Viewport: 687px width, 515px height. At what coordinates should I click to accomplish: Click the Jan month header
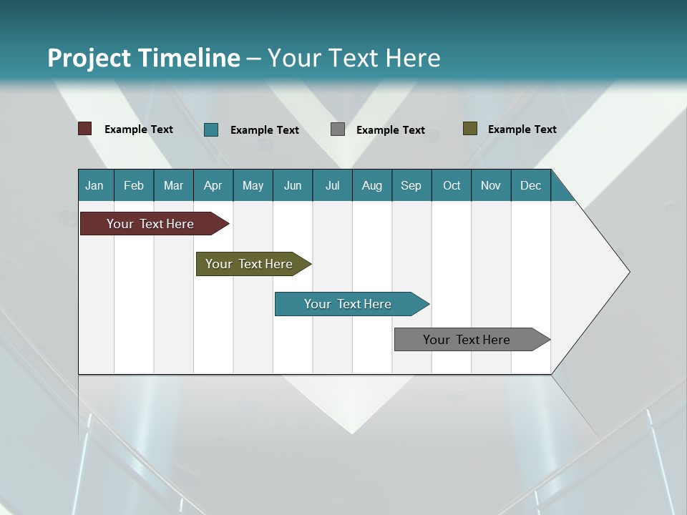[94, 185]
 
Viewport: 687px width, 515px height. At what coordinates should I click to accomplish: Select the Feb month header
[134, 185]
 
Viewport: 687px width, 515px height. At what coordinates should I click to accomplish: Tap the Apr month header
[213, 185]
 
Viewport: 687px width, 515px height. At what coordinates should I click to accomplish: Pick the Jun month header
[293, 185]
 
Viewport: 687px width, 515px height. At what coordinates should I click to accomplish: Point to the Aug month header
[371, 185]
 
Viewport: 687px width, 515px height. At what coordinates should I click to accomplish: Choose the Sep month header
[411, 185]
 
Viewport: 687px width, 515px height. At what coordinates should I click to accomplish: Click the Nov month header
[490, 185]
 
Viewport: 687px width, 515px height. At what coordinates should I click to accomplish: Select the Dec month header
[530, 185]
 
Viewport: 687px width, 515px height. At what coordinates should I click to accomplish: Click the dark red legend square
[85, 129]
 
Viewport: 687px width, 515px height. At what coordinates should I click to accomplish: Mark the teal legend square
[211, 129]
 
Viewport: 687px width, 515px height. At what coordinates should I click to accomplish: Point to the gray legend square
[338, 129]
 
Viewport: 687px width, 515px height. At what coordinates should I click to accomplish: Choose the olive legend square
[469, 129]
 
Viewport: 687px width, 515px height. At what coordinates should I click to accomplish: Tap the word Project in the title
[82, 58]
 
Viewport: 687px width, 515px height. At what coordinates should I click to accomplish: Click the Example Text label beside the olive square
[522, 129]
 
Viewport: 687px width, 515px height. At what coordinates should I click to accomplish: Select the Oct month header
[452, 185]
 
